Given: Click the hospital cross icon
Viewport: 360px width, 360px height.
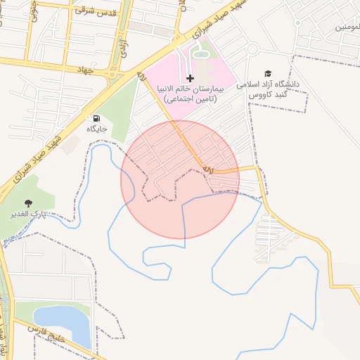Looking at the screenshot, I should (190, 77).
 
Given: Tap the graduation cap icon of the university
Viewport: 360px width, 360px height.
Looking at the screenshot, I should (267, 73).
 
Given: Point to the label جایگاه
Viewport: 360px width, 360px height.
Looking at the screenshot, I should (96, 129).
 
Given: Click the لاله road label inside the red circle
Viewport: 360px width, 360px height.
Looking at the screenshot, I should (207, 169).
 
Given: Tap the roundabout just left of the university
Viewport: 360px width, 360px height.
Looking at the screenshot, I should (252, 49).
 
